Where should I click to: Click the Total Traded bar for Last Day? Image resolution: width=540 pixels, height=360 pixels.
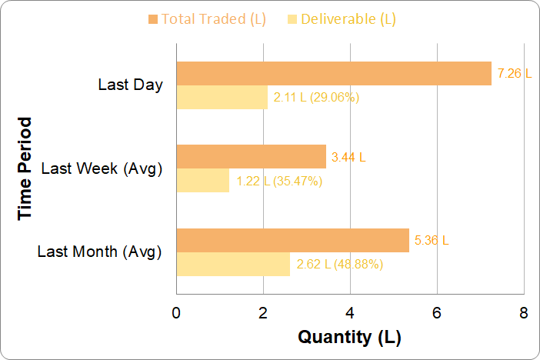point(334,73)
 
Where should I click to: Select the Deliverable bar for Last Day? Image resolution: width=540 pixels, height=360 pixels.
point(222,97)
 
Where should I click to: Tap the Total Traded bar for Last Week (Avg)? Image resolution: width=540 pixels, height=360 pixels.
point(252,157)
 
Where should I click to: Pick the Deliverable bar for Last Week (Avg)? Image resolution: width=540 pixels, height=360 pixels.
point(203,181)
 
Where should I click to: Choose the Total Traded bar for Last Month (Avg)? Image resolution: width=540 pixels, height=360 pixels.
point(292,240)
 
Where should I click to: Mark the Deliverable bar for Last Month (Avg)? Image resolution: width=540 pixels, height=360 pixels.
point(233,264)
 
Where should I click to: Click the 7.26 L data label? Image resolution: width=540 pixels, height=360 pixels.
point(515,74)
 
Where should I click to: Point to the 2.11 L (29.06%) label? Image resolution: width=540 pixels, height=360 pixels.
point(316,98)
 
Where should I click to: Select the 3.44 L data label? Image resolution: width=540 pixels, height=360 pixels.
point(348,158)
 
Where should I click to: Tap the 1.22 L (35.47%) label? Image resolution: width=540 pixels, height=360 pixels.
point(278,182)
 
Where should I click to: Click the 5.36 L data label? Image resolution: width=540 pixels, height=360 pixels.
point(432,241)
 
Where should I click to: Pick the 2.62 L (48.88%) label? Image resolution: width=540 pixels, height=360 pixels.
point(339,265)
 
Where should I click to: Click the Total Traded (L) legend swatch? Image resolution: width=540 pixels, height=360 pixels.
point(152,18)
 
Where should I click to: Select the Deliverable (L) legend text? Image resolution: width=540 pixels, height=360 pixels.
point(348,18)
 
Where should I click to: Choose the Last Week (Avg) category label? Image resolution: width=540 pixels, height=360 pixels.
point(102,168)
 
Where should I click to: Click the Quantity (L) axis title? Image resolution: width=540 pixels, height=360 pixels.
point(349,337)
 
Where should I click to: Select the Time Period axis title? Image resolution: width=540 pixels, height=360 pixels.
point(26,168)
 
